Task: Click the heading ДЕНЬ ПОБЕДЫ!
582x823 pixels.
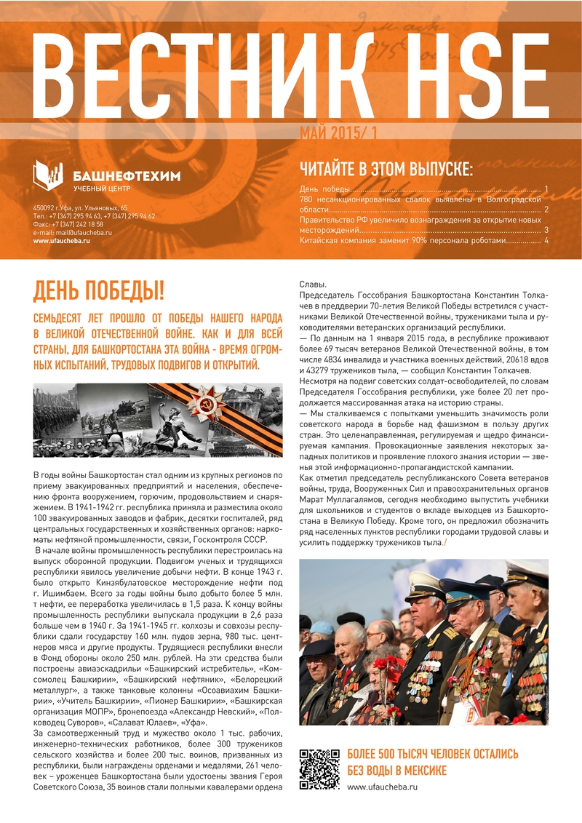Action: (x=99, y=291)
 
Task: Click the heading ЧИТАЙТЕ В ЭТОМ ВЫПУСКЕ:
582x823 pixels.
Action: (x=386, y=170)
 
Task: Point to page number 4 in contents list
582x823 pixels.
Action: (x=546, y=240)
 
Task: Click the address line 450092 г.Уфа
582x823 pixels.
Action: (x=81, y=208)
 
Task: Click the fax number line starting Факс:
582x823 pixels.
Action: (x=68, y=224)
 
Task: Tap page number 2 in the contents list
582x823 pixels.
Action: (x=546, y=209)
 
